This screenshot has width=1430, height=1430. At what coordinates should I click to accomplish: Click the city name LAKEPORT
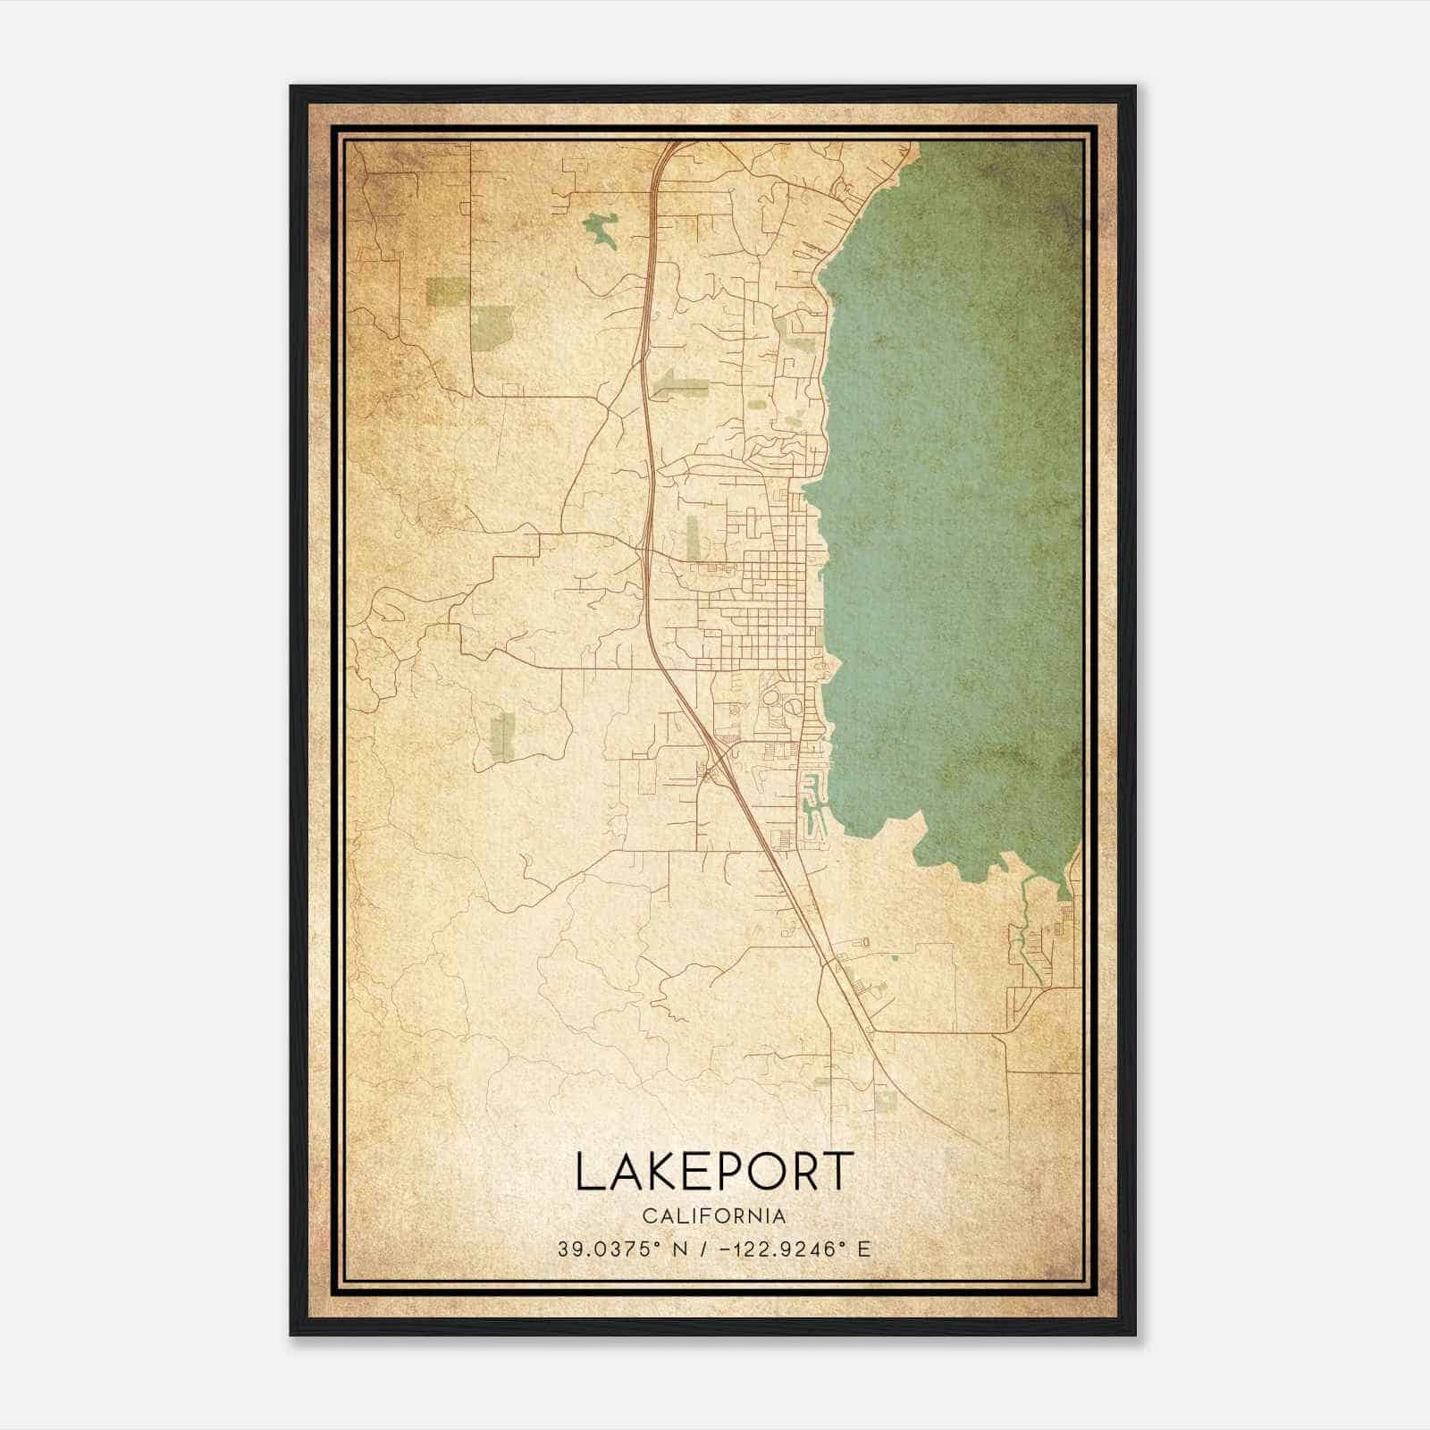tap(714, 1172)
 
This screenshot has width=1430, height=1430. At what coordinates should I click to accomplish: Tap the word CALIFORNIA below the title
tap(714, 1216)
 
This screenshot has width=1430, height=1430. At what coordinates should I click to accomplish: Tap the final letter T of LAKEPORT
tap(837, 1172)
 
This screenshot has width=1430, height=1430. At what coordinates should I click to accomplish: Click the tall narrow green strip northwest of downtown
tap(693, 536)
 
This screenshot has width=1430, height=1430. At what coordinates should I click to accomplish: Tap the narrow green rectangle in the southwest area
tap(503, 736)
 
